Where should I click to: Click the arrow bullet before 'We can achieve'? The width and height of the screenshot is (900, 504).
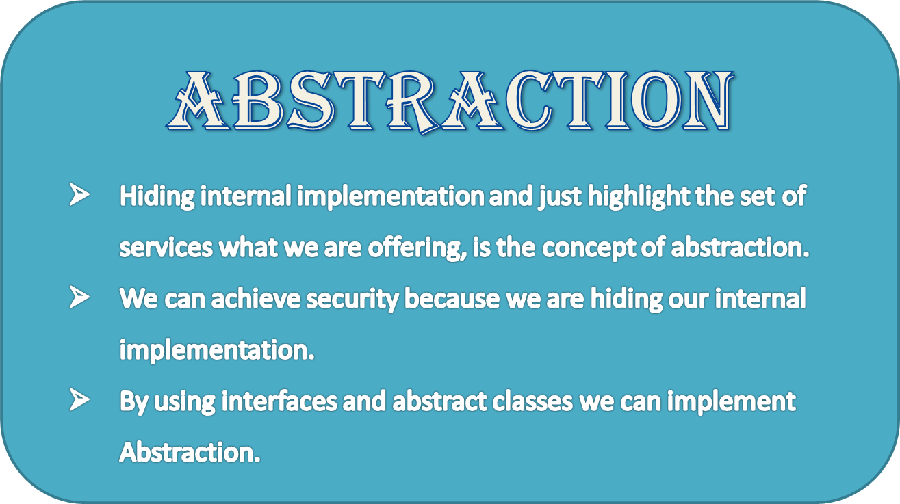(79, 299)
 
